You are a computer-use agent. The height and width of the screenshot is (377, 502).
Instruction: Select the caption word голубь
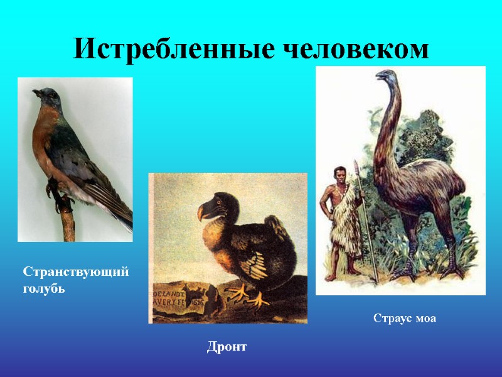(44, 290)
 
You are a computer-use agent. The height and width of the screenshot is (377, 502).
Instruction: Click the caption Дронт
(227, 346)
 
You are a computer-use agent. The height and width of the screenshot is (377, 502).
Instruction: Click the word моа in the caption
(425, 319)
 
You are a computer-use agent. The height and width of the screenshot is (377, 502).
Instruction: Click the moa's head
(382, 76)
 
